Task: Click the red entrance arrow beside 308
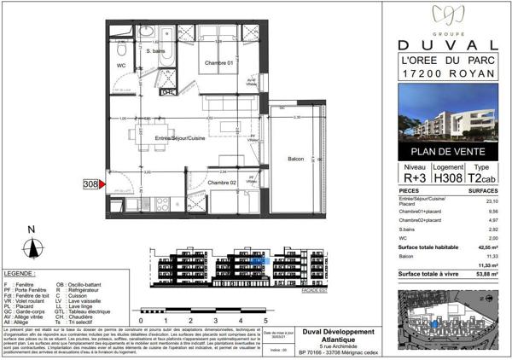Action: tap(103, 183)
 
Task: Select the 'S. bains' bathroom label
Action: tap(155, 52)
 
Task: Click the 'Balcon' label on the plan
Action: tap(296, 160)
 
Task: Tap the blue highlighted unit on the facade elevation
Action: tap(259, 261)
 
